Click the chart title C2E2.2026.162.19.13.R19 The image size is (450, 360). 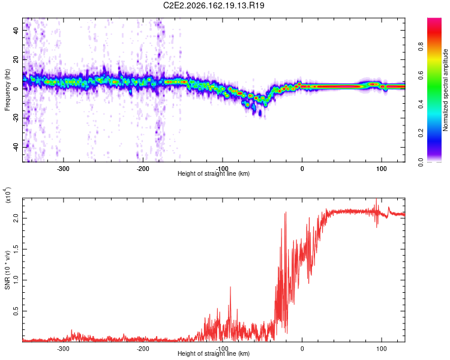pos(214,5)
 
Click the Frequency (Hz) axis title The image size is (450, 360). pos(7,90)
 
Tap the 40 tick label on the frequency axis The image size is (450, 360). pos(16,30)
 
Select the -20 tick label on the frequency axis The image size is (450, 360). pos(16,118)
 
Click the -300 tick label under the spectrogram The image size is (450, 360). pos(63,169)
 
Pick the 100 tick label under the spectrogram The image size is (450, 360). pos(382,169)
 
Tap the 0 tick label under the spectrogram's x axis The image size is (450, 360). pos(302,169)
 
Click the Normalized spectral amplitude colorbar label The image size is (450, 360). pos(445,90)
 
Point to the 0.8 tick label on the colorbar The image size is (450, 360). pos(421,47)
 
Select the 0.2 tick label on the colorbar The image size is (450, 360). pos(421,133)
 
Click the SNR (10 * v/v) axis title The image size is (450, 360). pos(7,270)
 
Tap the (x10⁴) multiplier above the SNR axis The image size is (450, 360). pos(7,196)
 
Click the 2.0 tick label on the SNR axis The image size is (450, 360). pos(16,218)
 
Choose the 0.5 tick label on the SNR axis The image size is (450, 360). pos(16,311)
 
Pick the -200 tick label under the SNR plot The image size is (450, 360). pos(143,349)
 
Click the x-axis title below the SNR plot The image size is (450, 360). pos(214,353)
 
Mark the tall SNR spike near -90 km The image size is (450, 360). pos(230,287)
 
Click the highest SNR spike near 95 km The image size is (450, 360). pos(376,199)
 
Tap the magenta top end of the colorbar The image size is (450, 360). pos(434,20)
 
